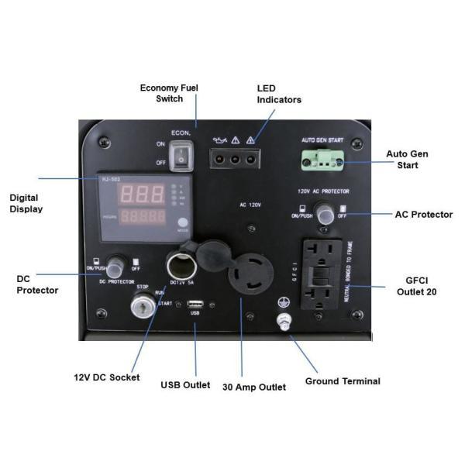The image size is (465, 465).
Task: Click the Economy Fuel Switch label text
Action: tap(169, 93)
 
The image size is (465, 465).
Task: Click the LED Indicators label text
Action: tap(278, 94)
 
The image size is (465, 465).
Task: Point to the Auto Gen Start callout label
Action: tap(407, 160)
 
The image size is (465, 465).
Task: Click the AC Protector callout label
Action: tap(424, 215)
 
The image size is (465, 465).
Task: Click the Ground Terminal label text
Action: tap(343, 381)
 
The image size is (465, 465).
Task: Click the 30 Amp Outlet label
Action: tap(254, 386)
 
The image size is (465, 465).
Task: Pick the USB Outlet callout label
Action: tap(185, 384)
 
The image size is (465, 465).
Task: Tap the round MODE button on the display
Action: tap(182, 221)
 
